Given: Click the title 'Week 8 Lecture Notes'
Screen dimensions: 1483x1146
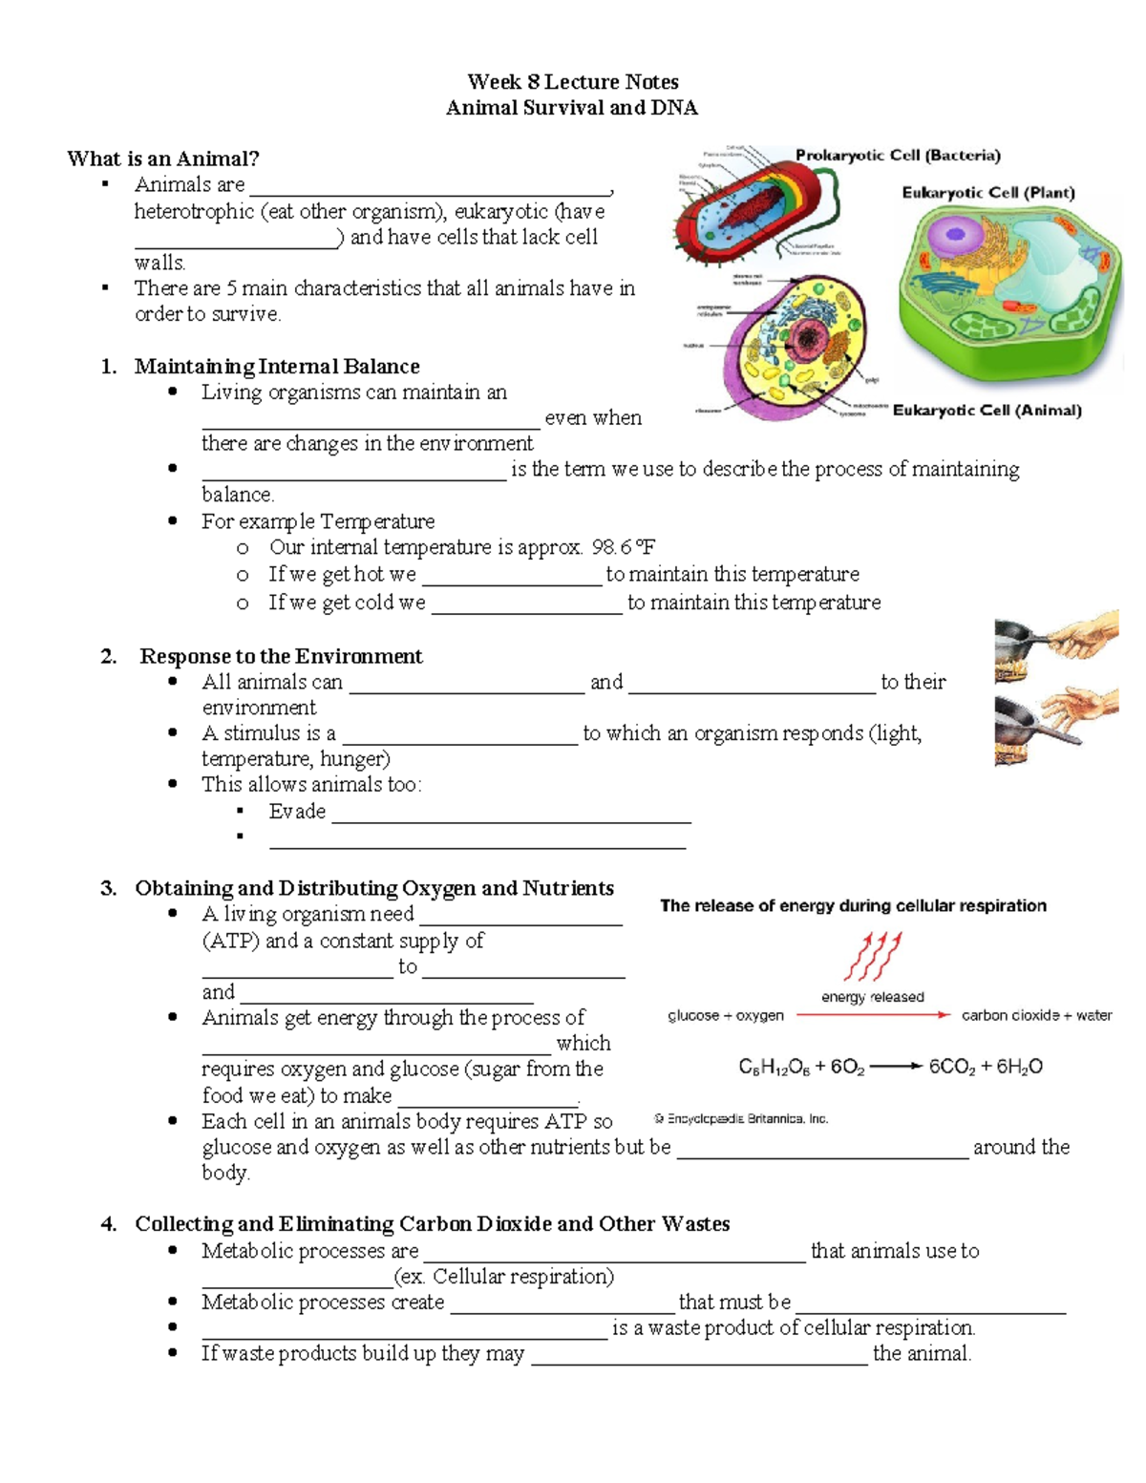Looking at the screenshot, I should (573, 82).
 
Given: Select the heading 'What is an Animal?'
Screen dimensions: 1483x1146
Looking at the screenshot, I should (163, 159).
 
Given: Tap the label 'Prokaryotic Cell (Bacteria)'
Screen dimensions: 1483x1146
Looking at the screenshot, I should (898, 155).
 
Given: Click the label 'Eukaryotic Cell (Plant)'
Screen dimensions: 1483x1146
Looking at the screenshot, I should (988, 192).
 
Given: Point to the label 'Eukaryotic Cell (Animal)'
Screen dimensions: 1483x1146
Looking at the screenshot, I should (987, 411).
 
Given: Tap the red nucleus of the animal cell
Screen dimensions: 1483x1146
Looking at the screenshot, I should (809, 336).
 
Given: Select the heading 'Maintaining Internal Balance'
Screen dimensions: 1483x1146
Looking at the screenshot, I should (277, 367).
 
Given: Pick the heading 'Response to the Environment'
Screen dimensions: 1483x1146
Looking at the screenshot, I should (281, 656).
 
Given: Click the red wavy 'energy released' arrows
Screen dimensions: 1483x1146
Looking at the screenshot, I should (872, 957).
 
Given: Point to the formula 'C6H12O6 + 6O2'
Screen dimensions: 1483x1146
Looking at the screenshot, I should (801, 1067).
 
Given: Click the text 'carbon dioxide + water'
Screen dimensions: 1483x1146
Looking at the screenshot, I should (1036, 1016).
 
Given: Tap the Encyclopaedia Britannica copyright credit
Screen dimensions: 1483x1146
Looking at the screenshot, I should (741, 1119).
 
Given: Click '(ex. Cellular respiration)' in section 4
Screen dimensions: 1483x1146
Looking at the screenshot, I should (504, 1277).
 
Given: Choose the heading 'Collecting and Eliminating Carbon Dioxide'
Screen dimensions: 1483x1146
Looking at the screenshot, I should (432, 1224).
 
